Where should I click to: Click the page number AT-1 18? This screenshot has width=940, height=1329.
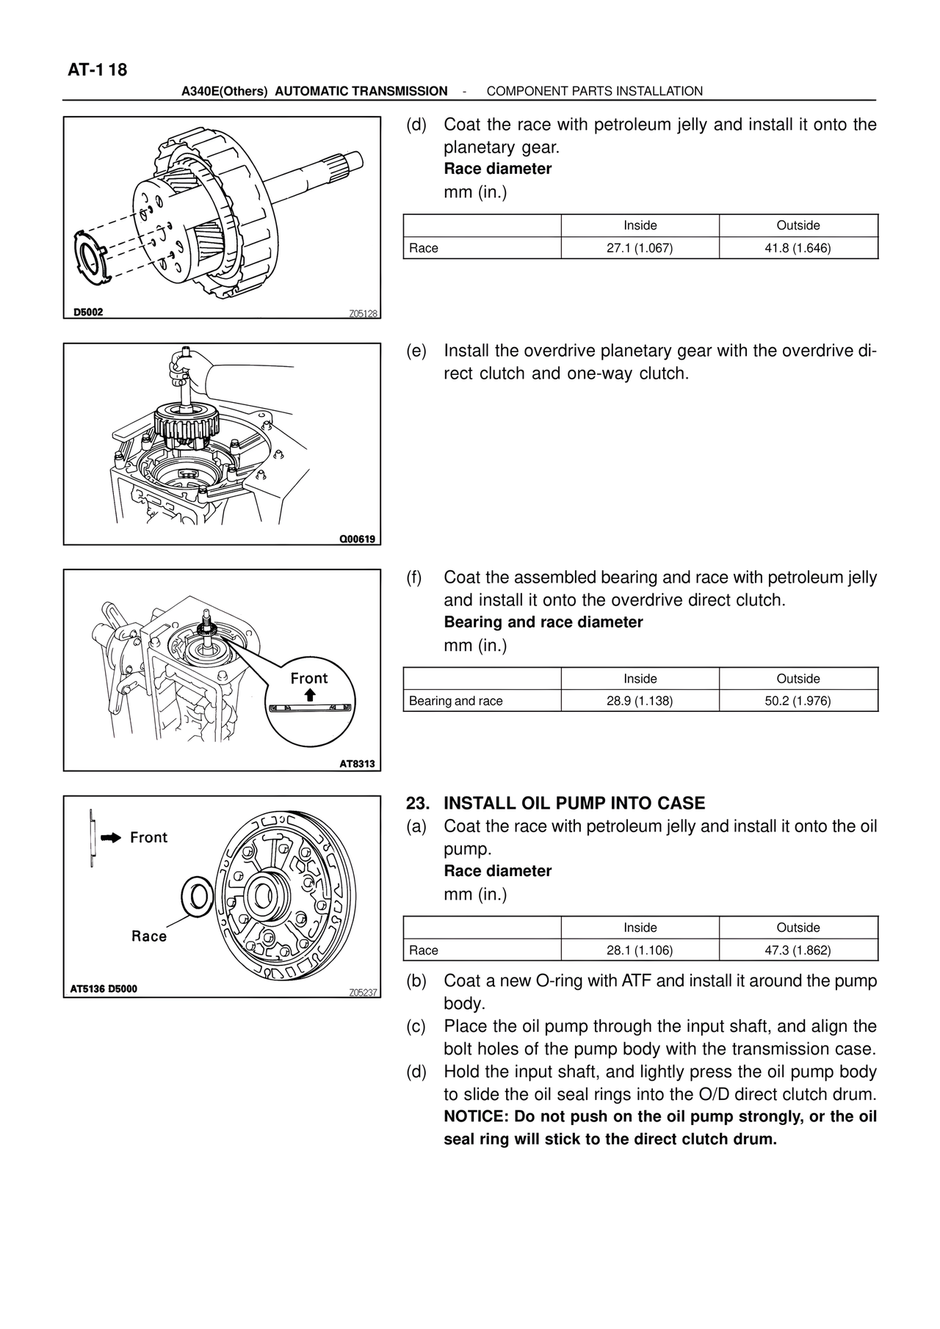[x=97, y=70]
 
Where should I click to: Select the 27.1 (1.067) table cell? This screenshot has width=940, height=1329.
[x=640, y=248]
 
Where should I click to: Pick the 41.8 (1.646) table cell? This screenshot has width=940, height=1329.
[x=798, y=248]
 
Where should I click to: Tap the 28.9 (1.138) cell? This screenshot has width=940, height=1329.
[x=640, y=701]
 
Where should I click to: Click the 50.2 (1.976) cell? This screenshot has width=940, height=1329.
[x=798, y=701]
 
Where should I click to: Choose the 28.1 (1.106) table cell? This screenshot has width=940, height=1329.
[x=640, y=950]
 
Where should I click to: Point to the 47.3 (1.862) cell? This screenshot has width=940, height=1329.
[x=798, y=950]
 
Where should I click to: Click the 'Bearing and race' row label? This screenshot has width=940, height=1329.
[x=456, y=701]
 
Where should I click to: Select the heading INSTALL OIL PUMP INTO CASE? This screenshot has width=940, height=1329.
[x=574, y=803]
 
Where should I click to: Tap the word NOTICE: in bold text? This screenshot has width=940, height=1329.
[x=477, y=1117]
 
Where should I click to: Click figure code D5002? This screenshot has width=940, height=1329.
[x=88, y=312]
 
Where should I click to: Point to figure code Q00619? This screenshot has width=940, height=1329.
[x=357, y=539]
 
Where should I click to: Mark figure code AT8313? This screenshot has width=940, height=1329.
[x=357, y=764]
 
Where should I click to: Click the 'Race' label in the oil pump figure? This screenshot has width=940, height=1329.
[x=149, y=936]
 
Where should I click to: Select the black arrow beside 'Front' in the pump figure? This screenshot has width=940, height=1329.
[x=110, y=837]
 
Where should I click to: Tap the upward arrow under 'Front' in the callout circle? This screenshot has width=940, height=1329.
[x=310, y=694]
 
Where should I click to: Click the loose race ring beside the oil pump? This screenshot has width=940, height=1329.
[x=196, y=896]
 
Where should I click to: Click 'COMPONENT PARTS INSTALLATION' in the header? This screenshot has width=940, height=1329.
[x=595, y=91]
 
